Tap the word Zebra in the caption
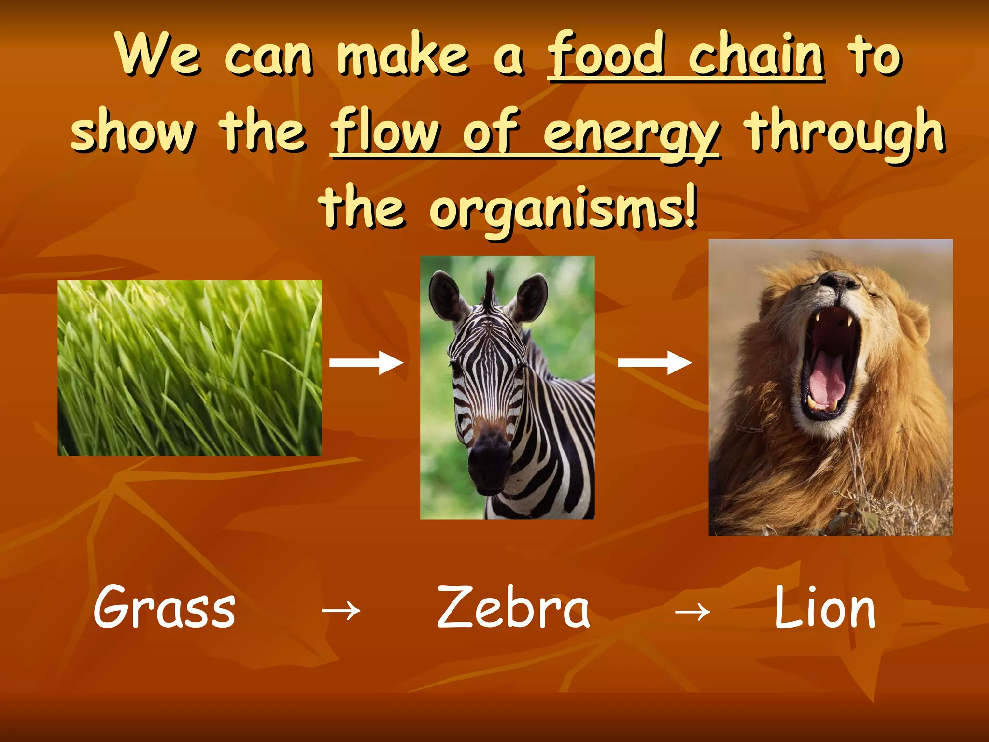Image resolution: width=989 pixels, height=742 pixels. tap(513, 608)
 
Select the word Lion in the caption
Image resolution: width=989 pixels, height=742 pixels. tap(825, 608)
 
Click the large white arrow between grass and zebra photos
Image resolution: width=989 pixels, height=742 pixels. tap(366, 363)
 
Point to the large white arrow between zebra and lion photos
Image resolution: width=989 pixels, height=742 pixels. tap(654, 363)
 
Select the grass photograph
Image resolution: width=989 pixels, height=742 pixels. tap(189, 368)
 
